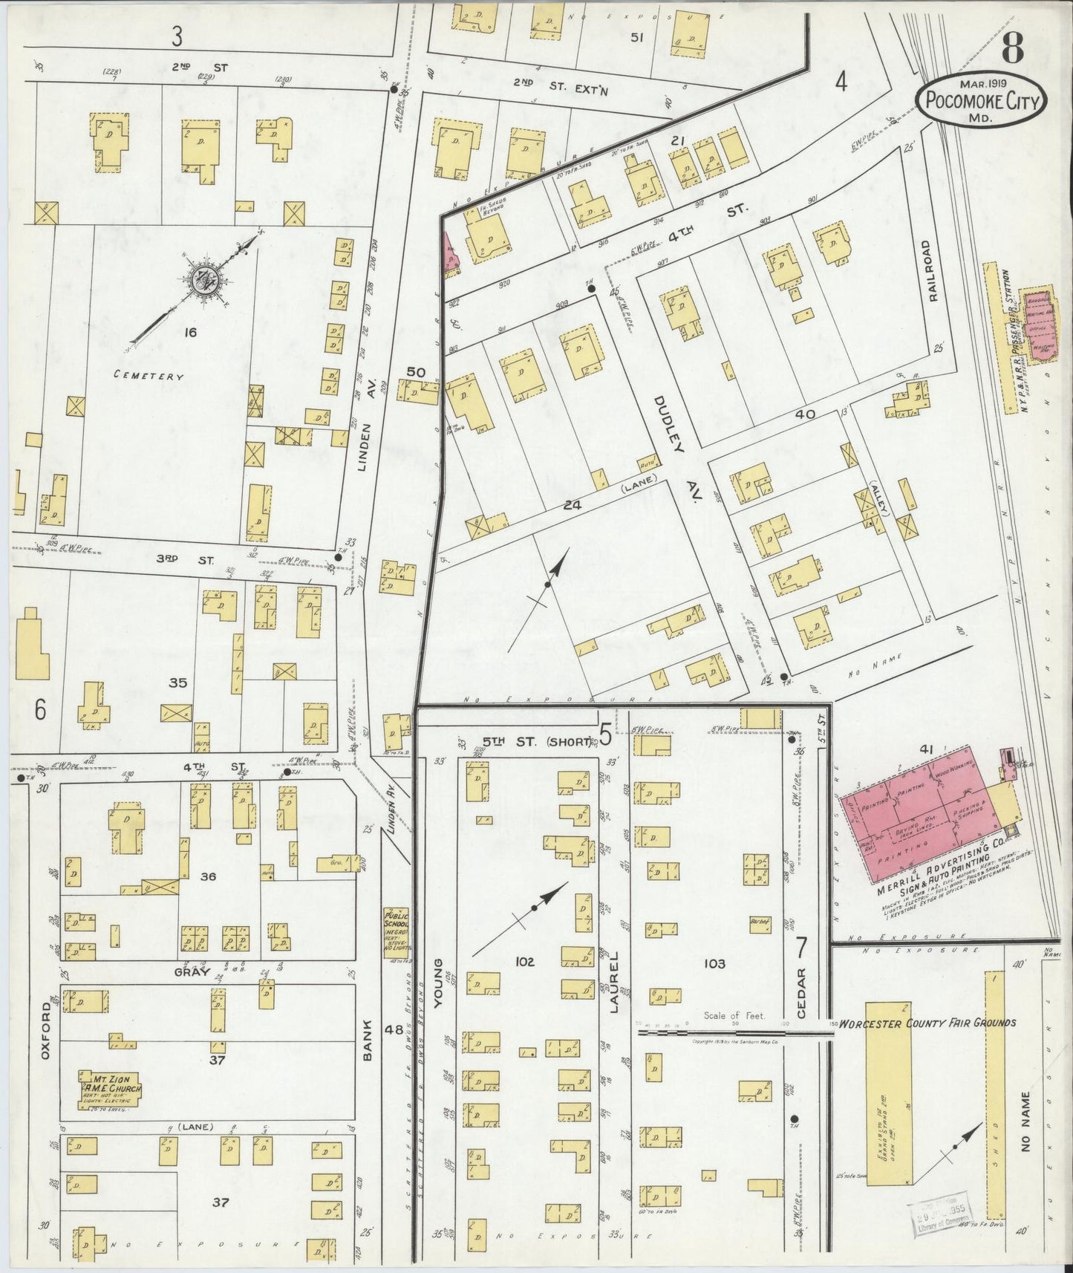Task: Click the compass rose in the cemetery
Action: click(202, 280)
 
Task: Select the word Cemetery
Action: click(149, 376)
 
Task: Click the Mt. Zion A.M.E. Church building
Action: click(111, 1089)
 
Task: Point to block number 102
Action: click(524, 962)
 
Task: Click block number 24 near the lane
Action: click(570, 505)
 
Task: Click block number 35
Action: click(177, 683)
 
